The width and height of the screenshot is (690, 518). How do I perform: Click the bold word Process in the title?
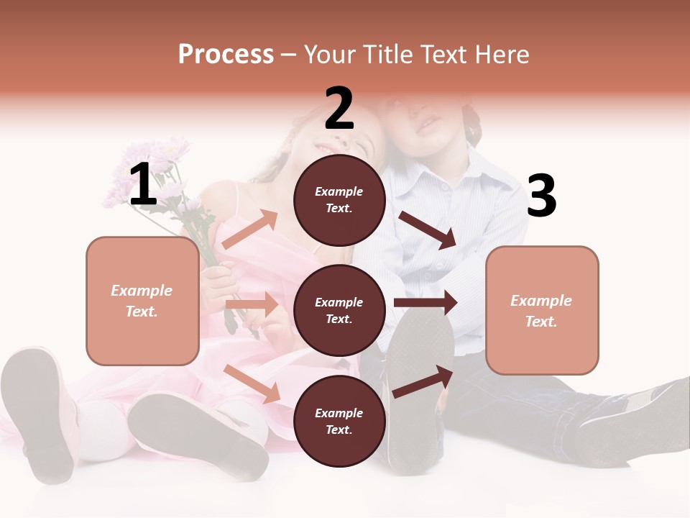pyautogui.click(x=226, y=55)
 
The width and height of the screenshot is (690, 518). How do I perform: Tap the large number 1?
pyautogui.click(x=143, y=185)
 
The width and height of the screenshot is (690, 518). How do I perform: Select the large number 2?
pyautogui.click(x=339, y=109)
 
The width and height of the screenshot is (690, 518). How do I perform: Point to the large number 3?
pyautogui.click(x=541, y=196)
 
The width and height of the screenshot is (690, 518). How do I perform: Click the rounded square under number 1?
pyautogui.click(x=142, y=301)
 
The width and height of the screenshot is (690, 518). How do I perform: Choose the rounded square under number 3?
pyautogui.click(x=542, y=310)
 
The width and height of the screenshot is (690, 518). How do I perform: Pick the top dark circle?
pyautogui.click(x=339, y=200)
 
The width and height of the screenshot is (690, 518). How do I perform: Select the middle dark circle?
pyautogui.click(x=339, y=310)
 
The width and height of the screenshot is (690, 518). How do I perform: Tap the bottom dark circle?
pyautogui.click(x=339, y=421)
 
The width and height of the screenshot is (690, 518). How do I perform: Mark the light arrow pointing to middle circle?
pyautogui.click(x=252, y=304)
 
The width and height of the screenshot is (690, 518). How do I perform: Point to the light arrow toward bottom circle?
pyautogui.click(x=252, y=383)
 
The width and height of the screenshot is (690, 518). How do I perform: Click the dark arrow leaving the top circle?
pyautogui.click(x=428, y=230)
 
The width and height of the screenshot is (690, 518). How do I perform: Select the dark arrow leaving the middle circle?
pyautogui.click(x=425, y=302)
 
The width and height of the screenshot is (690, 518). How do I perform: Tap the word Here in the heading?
pyautogui.click(x=503, y=55)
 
